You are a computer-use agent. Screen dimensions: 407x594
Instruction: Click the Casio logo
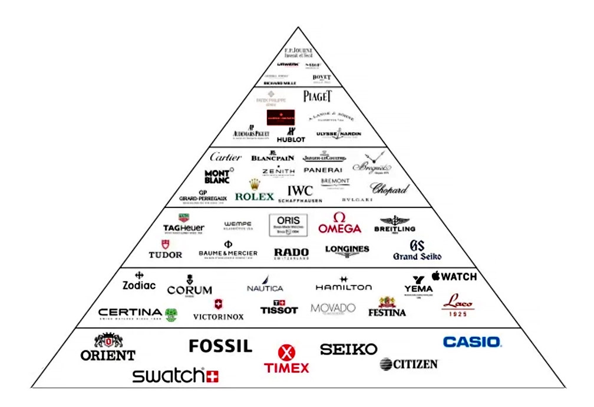(x=471, y=342)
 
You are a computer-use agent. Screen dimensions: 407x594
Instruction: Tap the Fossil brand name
(x=220, y=346)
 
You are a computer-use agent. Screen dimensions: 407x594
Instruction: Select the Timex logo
(x=286, y=360)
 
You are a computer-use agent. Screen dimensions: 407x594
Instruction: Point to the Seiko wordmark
(x=348, y=349)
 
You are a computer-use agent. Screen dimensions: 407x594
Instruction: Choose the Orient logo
(x=108, y=347)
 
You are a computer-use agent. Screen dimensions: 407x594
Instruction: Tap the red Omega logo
(x=339, y=223)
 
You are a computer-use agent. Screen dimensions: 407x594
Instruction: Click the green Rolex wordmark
(x=255, y=196)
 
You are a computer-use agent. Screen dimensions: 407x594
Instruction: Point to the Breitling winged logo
(x=394, y=224)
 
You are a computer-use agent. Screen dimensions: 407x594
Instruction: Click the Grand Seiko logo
(x=417, y=250)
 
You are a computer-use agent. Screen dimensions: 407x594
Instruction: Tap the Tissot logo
(x=279, y=307)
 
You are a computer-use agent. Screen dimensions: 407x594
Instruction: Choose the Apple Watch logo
(x=454, y=276)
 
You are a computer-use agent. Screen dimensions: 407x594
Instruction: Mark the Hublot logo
(x=291, y=136)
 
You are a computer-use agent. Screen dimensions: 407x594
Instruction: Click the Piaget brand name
(x=318, y=96)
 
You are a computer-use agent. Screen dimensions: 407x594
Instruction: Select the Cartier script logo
(x=226, y=157)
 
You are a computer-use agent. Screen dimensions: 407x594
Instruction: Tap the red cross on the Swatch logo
(x=212, y=376)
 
